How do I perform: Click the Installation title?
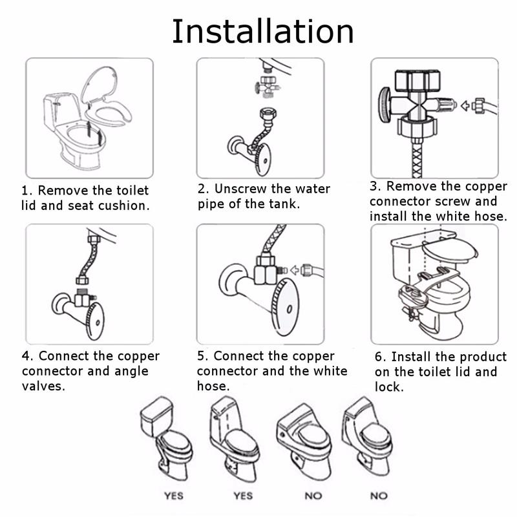tap(263, 32)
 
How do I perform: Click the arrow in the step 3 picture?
tap(465, 106)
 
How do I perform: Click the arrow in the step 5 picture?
tap(295, 270)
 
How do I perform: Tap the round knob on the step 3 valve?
tap(385, 105)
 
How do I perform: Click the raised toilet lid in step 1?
tap(99, 84)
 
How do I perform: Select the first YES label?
tap(174, 496)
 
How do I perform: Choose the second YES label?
tap(243, 496)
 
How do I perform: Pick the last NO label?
tap(379, 496)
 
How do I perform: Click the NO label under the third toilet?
tap(313, 496)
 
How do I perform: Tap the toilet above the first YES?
tap(167, 439)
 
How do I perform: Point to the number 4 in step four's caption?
tap(26, 356)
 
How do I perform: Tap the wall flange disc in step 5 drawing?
tap(233, 278)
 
